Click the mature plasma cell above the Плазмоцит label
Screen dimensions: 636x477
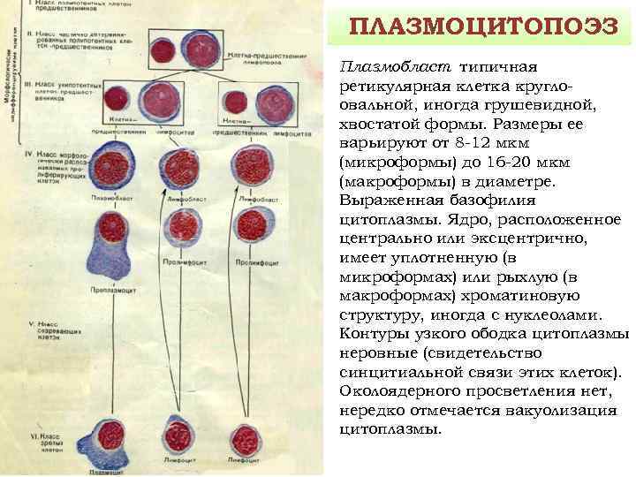[110, 438]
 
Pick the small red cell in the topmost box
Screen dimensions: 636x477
[163, 49]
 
